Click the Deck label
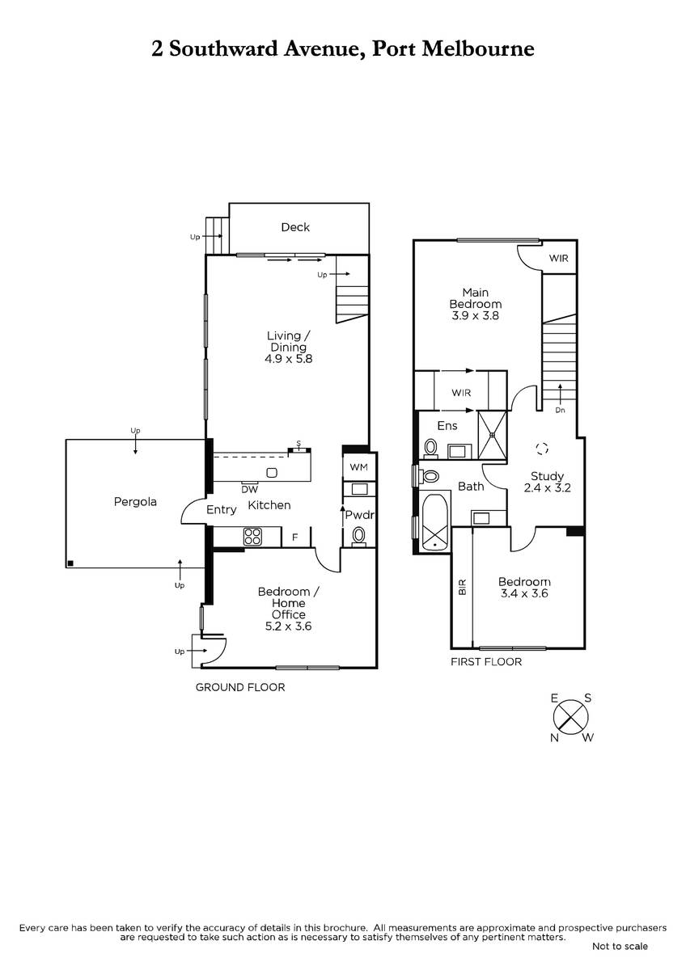tap(295, 227)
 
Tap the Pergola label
tap(135, 502)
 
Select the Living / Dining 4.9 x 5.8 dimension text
tap(289, 359)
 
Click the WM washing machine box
tap(358, 467)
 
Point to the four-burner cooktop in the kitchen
tap(252, 537)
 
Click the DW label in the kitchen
tap(249, 489)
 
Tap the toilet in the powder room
tap(358, 536)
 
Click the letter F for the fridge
tap(295, 538)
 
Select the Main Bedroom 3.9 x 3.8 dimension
tap(476, 315)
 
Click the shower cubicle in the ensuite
tap(493, 435)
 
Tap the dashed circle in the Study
tap(542, 448)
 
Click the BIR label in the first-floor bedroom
tap(463, 587)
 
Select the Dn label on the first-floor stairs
tap(560, 410)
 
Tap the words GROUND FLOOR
tap(240, 687)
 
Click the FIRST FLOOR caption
tap(486, 662)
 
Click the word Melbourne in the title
tap(478, 48)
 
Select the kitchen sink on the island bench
tap(272, 472)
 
